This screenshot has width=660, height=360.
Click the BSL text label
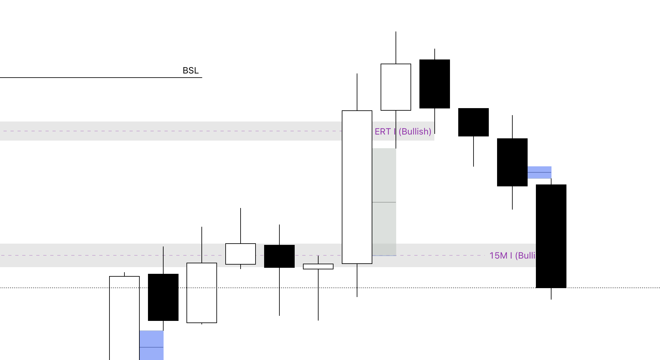(x=191, y=71)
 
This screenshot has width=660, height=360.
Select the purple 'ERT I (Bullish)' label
(x=403, y=131)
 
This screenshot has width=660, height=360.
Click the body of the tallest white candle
(x=357, y=187)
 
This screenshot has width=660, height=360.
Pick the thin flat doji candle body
(x=318, y=267)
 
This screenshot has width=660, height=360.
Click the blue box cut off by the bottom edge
(x=151, y=345)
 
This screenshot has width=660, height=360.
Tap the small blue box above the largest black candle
(x=539, y=172)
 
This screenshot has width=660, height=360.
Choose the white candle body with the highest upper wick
(x=396, y=87)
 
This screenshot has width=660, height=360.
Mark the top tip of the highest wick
(x=396, y=32)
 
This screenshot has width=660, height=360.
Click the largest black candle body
(x=551, y=236)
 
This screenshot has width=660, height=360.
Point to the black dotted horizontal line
(x=605, y=288)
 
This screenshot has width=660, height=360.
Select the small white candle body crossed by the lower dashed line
(x=241, y=254)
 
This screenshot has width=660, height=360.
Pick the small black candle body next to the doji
(x=279, y=256)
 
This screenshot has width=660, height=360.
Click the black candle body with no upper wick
(x=474, y=122)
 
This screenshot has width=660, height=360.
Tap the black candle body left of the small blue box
(x=512, y=162)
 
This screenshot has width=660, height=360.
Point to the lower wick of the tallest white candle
(x=357, y=280)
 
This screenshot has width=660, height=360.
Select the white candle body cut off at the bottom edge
(x=124, y=318)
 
